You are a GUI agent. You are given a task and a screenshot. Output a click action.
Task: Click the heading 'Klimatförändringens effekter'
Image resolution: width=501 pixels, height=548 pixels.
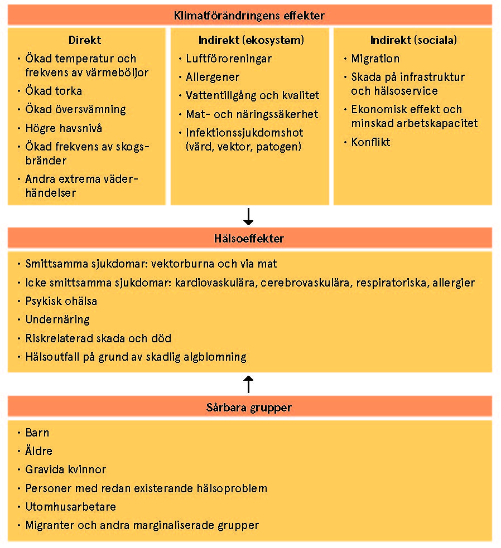(x=249, y=16)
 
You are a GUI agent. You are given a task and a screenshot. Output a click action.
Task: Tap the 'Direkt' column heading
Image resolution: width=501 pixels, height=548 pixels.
(x=85, y=40)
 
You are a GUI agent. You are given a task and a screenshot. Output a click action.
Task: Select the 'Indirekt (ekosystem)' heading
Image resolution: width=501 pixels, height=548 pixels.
(x=251, y=40)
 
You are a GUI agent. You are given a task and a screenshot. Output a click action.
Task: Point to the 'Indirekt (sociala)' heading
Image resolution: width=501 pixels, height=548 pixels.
(x=413, y=40)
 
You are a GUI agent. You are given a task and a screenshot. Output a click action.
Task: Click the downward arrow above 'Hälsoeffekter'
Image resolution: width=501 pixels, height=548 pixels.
(x=249, y=216)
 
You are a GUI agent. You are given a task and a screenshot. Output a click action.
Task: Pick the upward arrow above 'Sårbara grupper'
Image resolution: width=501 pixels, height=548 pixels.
(x=249, y=384)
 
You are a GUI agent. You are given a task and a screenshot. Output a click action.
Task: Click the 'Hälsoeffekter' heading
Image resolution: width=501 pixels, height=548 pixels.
(x=249, y=239)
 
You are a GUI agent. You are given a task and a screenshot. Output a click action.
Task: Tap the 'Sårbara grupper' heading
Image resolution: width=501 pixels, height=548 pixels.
(x=249, y=408)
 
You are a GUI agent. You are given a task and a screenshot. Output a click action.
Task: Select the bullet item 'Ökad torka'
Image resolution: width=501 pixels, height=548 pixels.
(x=54, y=91)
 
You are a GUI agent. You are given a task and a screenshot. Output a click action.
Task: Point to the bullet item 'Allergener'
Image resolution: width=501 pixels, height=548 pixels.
(x=213, y=77)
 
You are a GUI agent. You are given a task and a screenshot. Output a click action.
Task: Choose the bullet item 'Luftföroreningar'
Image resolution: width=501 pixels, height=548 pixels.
(x=229, y=59)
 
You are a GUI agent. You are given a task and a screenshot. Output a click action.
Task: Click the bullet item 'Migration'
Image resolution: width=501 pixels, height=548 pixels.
(x=375, y=59)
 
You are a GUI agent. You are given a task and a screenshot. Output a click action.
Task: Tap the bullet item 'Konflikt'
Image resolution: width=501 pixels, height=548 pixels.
(x=370, y=142)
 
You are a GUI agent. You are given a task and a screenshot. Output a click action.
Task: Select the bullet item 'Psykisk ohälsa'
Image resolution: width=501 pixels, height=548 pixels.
(x=61, y=301)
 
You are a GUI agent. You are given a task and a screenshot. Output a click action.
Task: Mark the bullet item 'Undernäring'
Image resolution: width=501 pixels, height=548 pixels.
(x=57, y=319)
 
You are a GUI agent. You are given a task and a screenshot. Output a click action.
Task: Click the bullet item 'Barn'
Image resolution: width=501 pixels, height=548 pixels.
(x=37, y=433)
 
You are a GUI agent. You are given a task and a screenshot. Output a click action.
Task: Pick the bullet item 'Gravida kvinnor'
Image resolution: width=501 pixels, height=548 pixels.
(x=66, y=469)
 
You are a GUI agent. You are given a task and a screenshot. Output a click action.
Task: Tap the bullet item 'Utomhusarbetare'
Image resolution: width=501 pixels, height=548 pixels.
(x=71, y=507)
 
